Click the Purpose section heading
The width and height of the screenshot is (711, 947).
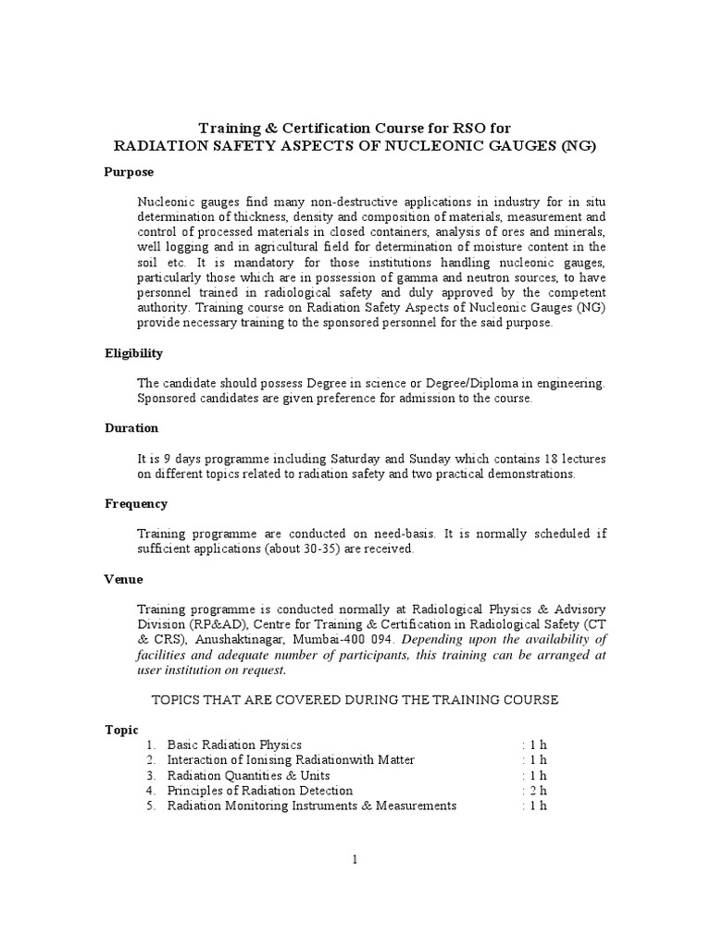129,172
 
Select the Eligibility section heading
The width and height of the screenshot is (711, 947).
133,353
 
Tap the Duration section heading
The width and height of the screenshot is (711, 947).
131,428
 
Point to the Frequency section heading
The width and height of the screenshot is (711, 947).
135,504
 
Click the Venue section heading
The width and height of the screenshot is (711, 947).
123,580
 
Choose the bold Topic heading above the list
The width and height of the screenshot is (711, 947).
120,730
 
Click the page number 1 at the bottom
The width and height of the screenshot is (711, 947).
355,859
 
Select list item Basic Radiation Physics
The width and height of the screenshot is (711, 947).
234,745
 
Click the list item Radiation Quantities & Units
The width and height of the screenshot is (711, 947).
248,776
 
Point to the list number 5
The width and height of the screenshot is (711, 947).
150,806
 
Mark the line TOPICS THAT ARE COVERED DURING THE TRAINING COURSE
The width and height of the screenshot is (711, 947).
355,700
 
